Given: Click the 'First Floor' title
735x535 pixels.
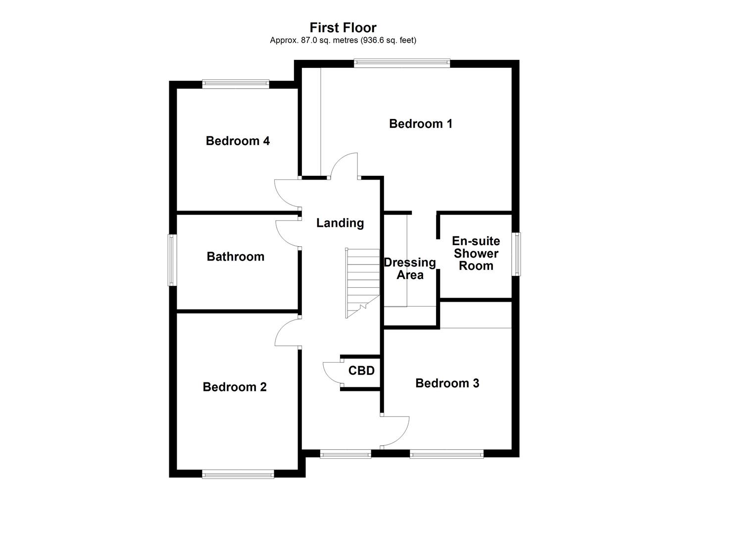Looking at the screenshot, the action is click(x=343, y=27).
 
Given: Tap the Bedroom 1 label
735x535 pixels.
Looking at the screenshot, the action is click(x=420, y=123).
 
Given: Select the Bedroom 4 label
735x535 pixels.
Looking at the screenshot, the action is click(x=238, y=141).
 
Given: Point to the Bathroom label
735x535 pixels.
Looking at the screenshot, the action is click(x=235, y=257).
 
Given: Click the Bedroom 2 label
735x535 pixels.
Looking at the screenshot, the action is click(x=235, y=387).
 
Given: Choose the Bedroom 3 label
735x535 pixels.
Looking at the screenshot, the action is click(x=447, y=383).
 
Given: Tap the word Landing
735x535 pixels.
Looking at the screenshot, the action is click(x=340, y=223).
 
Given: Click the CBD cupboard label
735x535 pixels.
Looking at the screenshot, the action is click(x=361, y=371).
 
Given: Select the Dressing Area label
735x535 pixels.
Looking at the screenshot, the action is click(x=410, y=268).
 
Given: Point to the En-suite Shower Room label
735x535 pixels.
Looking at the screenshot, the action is click(x=476, y=253).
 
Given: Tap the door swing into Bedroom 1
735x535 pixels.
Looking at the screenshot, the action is click(x=344, y=163).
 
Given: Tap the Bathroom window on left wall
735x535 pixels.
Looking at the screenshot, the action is click(x=172, y=260).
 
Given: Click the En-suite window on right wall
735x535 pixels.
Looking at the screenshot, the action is click(x=516, y=254).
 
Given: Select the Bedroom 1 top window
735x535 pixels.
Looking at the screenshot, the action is click(x=401, y=63).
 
